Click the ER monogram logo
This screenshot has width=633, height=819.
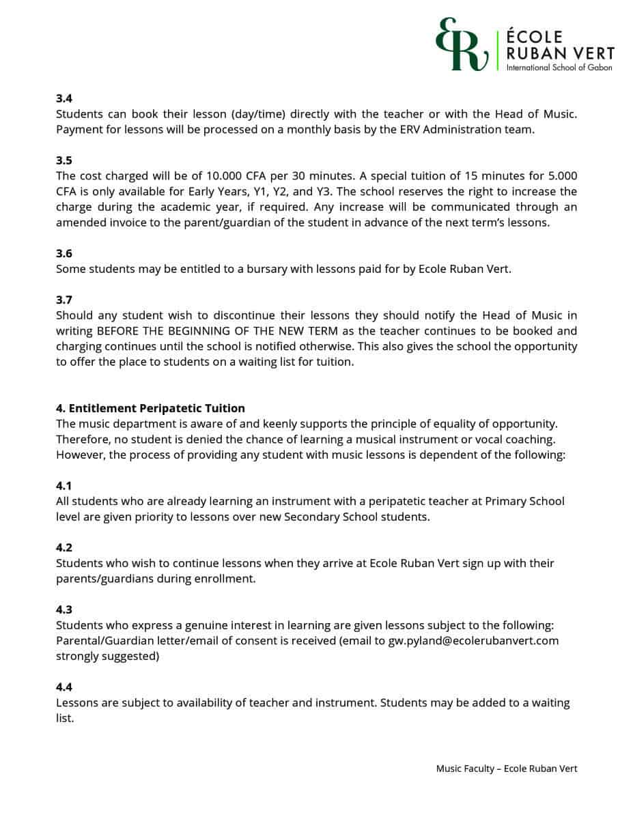pyautogui.click(x=461, y=45)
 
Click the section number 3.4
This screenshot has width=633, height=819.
pyautogui.click(x=64, y=98)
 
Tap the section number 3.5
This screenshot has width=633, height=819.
pyautogui.click(x=64, y=160)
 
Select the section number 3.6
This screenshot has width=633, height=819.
pyautogui.click(x=64, y=253)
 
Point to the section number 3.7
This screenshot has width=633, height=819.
pyautogui.click(x=64, y=300)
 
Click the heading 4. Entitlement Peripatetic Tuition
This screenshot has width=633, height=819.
pyautogui.click(x=150, y=409)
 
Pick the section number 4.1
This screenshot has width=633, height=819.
pyautogui.click(x=64, y=485)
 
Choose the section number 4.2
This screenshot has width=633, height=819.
pyautogui.click(x=64, y=547)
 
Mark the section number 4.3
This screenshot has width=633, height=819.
pyautogui.click(x=64, y=609)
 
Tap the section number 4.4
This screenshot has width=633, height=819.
pyautogui.click(x=64, y=687)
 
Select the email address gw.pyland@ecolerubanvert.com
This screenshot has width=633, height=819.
pyautogui.click(x=473, y=641)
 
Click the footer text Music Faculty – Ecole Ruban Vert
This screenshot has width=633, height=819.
pyautogui.click(x=507, y=768)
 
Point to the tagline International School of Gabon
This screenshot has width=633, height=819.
pyautogui.click(x=559, y=68)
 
